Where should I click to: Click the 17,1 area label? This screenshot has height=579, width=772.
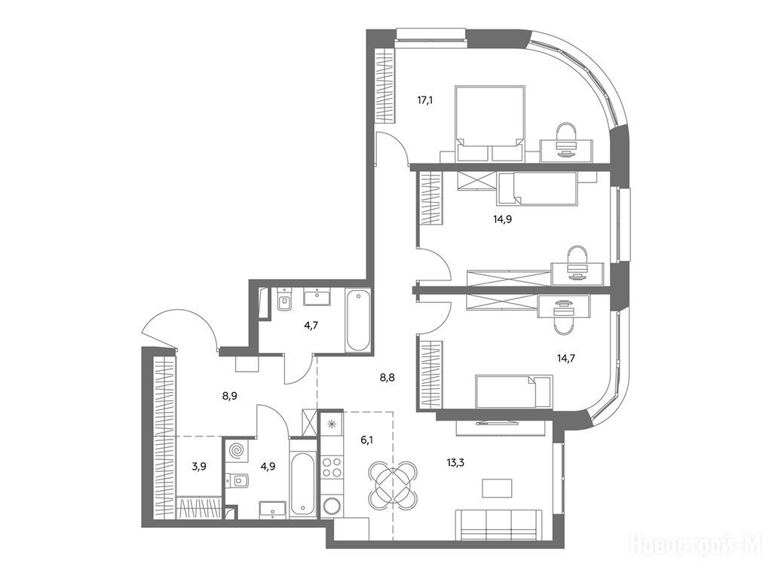pyautogui.click(x=425, y=101)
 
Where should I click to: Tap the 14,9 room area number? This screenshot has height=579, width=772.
pyautogui.click(x=503, y=219)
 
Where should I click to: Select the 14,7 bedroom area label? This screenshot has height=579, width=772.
pyautogui.click(x=565, y=358)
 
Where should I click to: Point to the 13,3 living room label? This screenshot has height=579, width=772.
pyautogui.click(x=456, y=462)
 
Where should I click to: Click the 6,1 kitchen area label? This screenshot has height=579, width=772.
pyautogui.click(x=367, y=440)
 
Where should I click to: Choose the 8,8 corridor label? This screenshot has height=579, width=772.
pyautogui.click(x=387, y=378)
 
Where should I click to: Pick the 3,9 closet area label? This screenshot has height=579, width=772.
pyautogui.click(x=199, y=466)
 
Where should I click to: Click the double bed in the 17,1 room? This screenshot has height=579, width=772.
pyautogui.click(x=490, y=124)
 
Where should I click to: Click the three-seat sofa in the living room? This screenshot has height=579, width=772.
pyautogui.click(x=498, y=525)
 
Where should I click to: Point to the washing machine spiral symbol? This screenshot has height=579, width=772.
pyautogui.click(x=237, y=451)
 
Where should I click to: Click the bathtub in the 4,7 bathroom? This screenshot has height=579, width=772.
pyautogui.click(x=357, y=320)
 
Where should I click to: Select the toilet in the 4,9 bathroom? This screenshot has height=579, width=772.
pyautogui.click(x=237, y=479)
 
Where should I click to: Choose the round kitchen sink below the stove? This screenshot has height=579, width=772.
pyautogui.click(x=332, y=506)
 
